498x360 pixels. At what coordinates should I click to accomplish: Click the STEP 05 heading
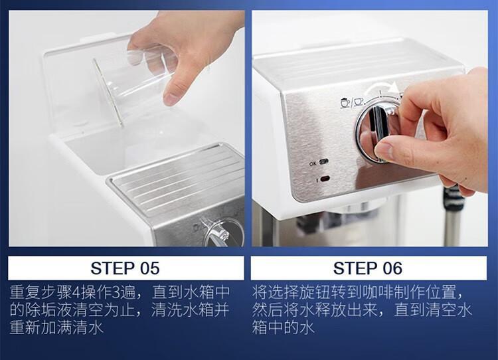(125, 268)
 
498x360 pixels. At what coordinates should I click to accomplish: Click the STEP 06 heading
(368, 268)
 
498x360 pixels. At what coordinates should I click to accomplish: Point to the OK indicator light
(323, 162)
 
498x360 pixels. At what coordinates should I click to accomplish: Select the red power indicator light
(325, 179)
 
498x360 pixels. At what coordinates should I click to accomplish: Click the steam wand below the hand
(454, 216)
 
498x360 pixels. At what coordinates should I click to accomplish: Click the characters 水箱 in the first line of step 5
(199, 292)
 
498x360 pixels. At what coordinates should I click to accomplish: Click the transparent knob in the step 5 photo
(219, 232)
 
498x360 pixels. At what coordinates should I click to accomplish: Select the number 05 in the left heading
(149, 268)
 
